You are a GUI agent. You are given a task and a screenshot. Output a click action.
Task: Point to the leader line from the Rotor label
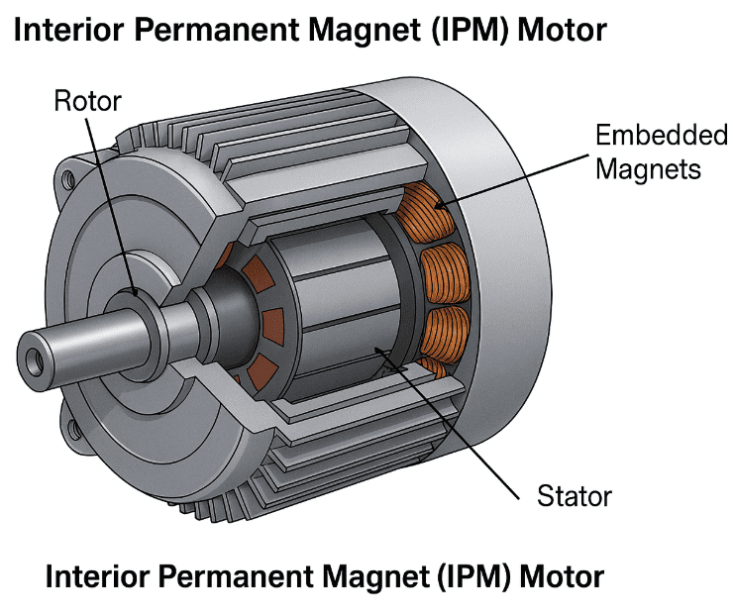109,198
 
